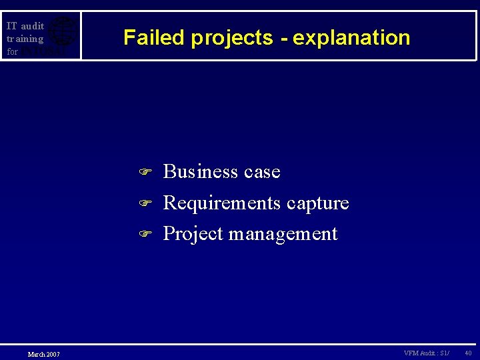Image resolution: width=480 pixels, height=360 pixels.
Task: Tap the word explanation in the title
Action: tap(351, 38)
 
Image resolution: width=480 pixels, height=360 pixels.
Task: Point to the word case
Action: tap(262, 172)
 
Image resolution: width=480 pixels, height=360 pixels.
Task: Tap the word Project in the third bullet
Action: tap(193, 234)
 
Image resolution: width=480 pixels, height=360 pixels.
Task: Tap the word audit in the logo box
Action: tap(32, 26)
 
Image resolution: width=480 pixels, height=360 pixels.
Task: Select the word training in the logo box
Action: tap(25, 39)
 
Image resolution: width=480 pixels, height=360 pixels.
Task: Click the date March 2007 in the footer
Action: tap(43, 354)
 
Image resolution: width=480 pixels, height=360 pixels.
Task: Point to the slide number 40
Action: tap(468, 353)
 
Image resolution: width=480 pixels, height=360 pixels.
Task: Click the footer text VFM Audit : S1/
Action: tap(427, 353)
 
